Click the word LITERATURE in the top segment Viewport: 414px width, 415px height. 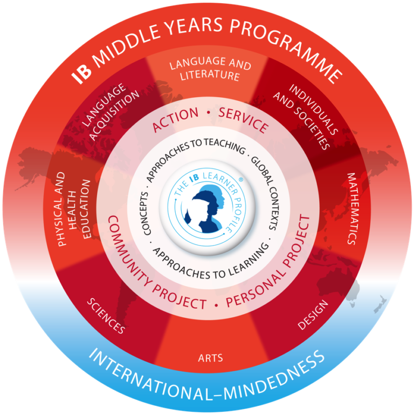tap(210, 75)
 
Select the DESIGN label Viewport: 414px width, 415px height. tap(313, 315)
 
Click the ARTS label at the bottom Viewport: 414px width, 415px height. tap(210, 358)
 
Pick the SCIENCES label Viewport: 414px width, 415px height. tap(106, 316)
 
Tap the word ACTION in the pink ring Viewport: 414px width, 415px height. tap(175, 119)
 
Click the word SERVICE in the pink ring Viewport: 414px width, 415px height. tap(243, 120)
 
